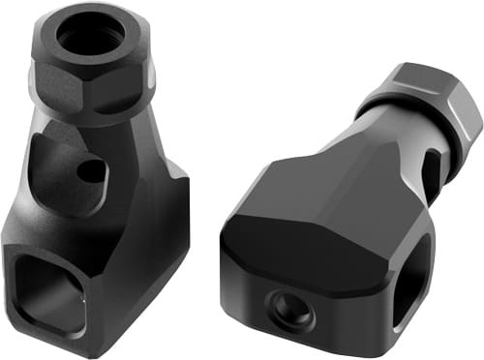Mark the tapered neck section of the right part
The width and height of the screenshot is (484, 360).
point(387,145)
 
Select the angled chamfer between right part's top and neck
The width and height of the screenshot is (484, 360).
point(339,155)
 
